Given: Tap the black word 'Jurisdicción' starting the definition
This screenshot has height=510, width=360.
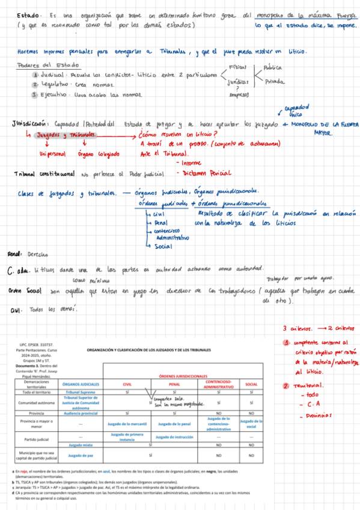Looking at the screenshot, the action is click(30, 123).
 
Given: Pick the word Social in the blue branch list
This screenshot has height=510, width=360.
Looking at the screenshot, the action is click(163, 246).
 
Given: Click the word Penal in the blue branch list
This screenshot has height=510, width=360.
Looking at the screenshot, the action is click(159, 221).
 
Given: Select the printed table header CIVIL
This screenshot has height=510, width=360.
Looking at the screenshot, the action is click(127, 383).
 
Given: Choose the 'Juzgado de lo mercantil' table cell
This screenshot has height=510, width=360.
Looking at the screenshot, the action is click(127, 424).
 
